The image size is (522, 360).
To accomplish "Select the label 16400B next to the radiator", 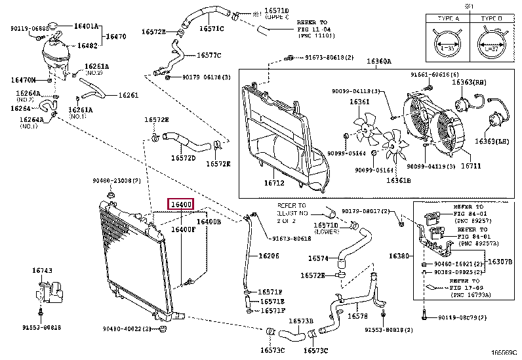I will (209, 222).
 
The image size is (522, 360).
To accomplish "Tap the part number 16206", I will (268, 256).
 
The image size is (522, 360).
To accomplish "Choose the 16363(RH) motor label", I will (472, 83).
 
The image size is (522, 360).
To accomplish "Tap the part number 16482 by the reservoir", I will (87, 46).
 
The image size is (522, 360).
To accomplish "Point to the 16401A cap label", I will (87, 26).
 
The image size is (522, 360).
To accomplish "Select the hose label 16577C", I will (209, 55).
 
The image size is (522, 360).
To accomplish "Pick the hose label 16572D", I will (184, 158).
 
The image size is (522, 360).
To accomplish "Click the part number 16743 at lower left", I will (42, 270).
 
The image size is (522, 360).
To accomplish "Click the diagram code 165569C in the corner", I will (505, 354).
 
